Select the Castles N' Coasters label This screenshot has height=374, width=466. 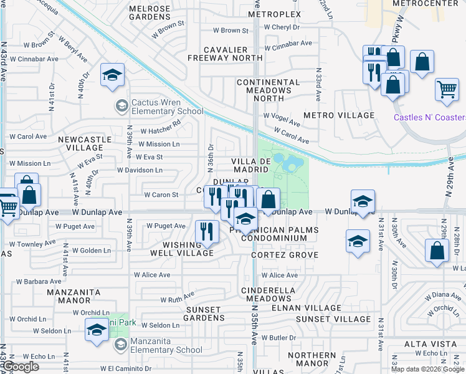point(429,118)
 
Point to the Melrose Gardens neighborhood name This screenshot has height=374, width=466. point(150,12)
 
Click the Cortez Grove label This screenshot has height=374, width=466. point(285,255)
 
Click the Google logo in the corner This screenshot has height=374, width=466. point(21,367)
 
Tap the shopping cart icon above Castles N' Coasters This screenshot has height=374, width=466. point(447,90)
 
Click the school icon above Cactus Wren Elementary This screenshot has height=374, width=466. point(112,76)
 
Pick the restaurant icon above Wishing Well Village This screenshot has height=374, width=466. point(206,231)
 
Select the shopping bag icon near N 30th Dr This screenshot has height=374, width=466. point(437,251)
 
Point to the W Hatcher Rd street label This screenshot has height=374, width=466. point(160,131)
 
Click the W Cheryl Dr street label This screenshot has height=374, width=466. point(282,27)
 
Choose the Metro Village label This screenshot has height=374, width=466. point(339,115)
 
